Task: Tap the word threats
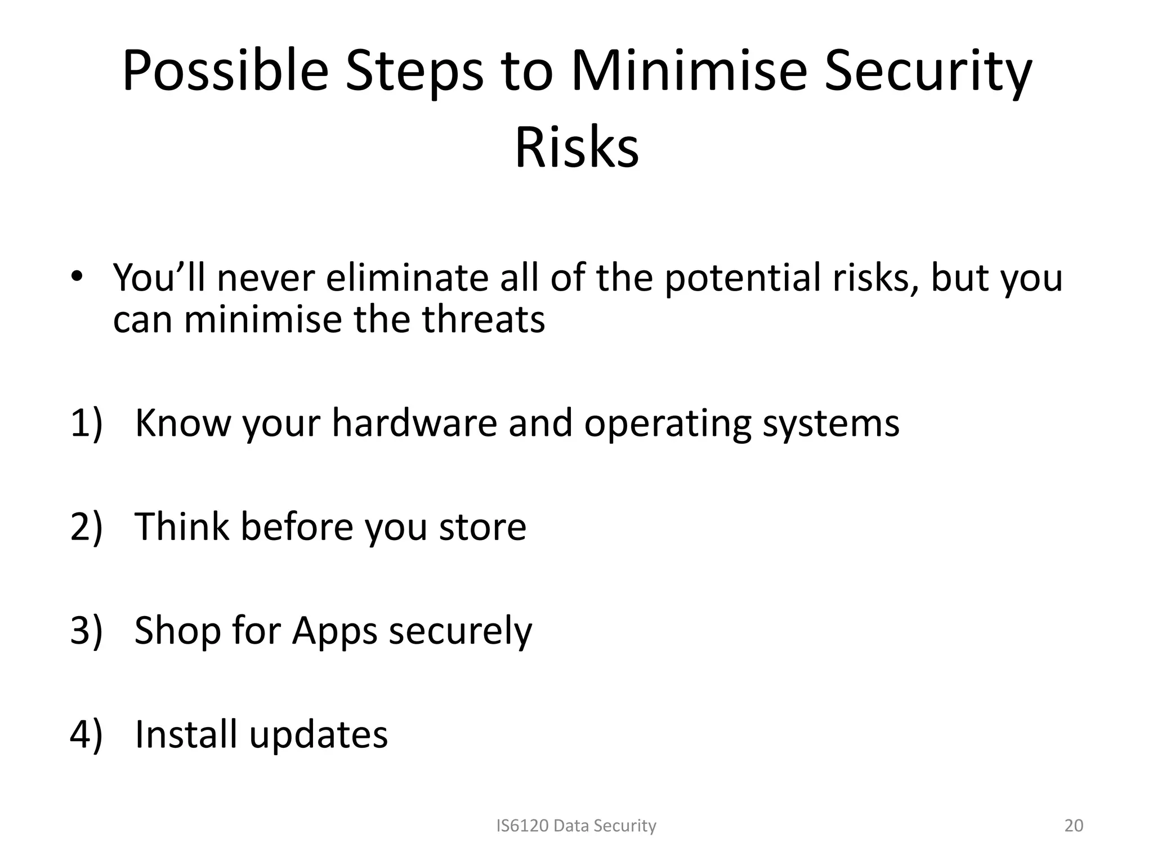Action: coord(483,319)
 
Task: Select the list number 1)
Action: coord(87,423)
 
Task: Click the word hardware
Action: coord(414,423)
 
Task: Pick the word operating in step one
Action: coord(667,423)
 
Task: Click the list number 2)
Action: coord(87,527)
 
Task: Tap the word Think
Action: coord(182,527)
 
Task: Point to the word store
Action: coord(482,527)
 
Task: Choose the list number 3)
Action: coord(87,630)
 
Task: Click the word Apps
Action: coord(334,630)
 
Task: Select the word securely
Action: coord(460,630)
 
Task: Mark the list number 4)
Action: coord(87,734)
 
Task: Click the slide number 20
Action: coord(1074,826)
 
